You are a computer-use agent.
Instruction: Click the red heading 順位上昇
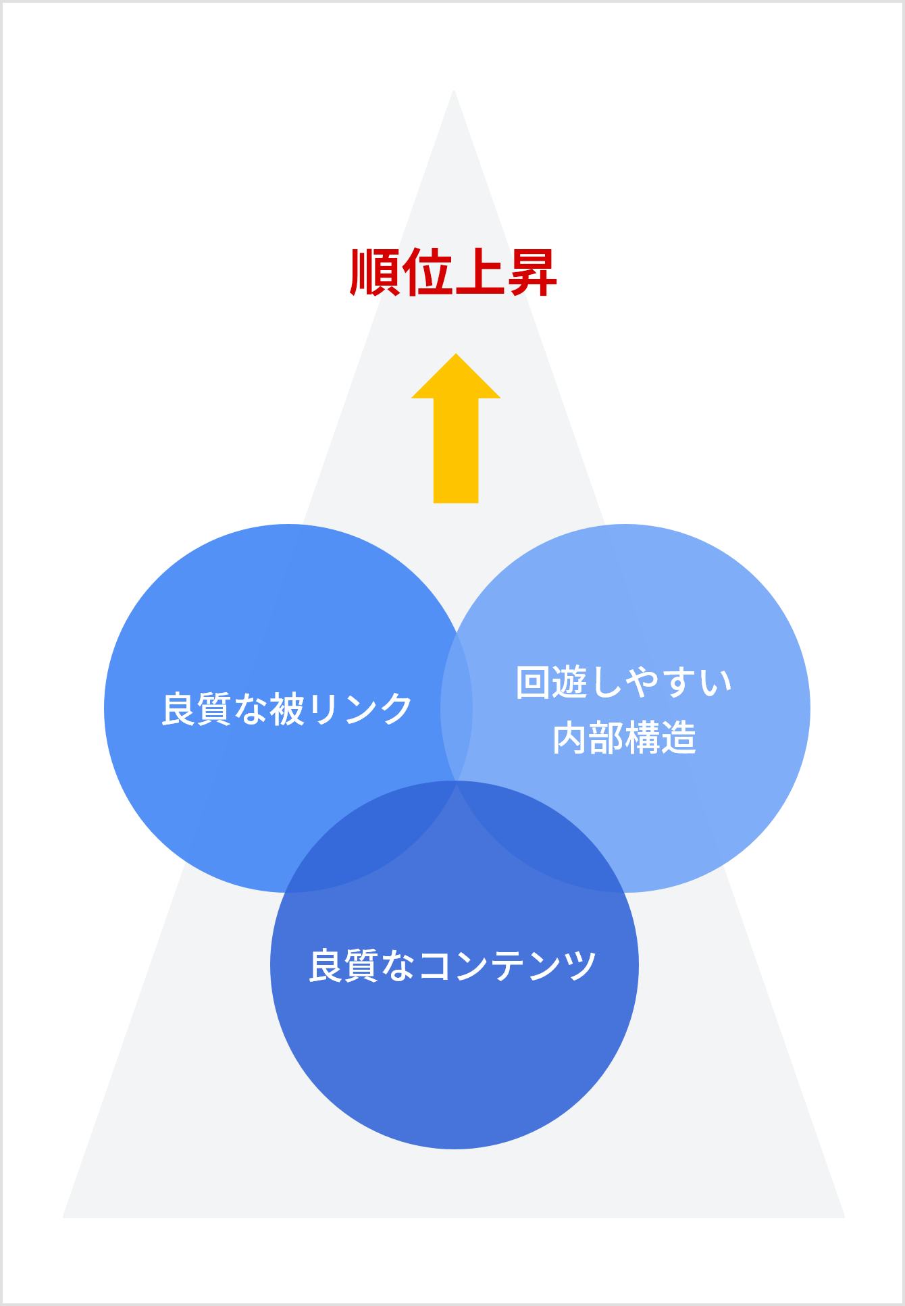pyautogui.click(x=453, y=272)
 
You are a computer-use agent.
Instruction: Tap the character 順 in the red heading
pyautogui.click(x=376, y=272)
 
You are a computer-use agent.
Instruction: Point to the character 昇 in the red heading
pyautogui.click(x=532, y=272)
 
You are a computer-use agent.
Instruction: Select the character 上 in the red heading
pyautogui.click(x=480, y=272)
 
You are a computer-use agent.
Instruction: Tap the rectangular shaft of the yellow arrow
pyautogui.click(x=456, y=450)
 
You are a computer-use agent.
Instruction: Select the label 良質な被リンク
pyautogui.click(x=287, y=709)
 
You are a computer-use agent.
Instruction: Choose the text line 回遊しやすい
pyautogui.click(x=624, y=682)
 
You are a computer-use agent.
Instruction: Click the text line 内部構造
pyautogui.click(x=624, y=737)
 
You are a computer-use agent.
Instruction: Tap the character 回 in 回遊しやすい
pyautogui.click(x=534, y=682)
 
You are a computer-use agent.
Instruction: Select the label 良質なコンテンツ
pyautogui.click(x=452, y=965)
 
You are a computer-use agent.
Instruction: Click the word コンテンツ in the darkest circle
pyautogui.click(x=507, y=966)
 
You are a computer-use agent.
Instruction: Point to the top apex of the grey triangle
pyautogui.click(x=454, y=90)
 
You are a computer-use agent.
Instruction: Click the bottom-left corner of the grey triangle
pyautogui.click(x=63, y=1218)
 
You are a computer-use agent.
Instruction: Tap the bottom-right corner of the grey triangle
pyautogui.click(x=844, y=1218)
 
